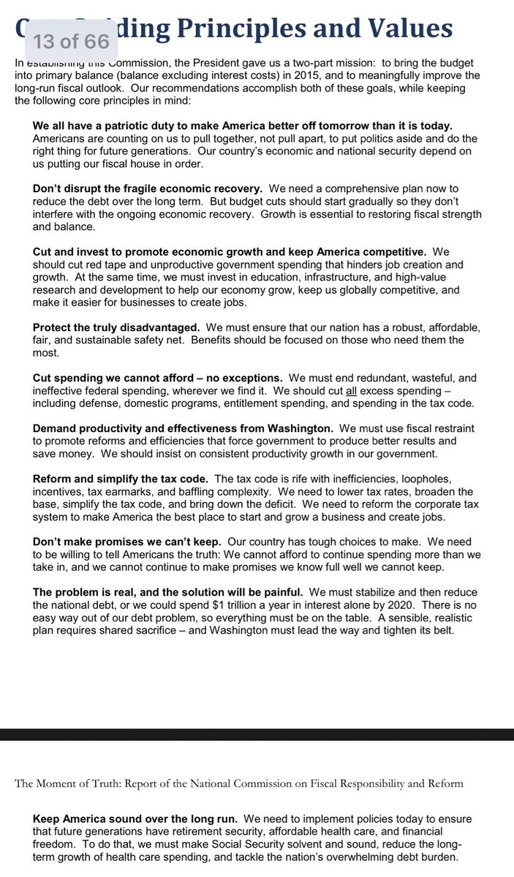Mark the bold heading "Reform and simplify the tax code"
[x=120, y=479]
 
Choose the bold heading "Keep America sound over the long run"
[x=135, y=819]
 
